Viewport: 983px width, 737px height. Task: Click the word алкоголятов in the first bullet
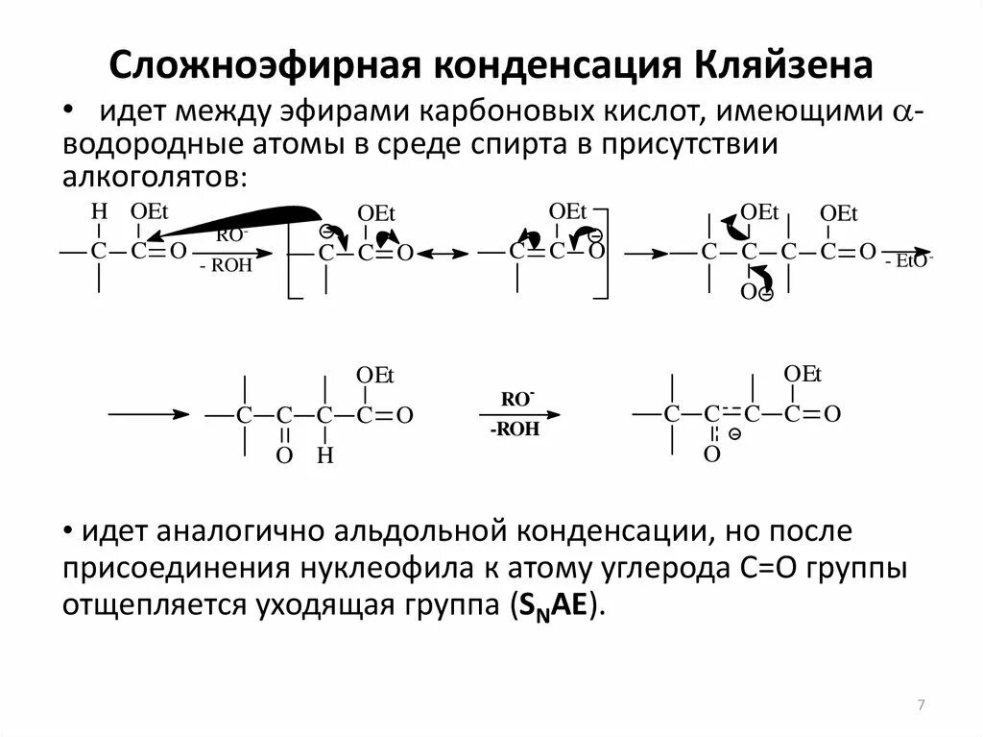(x=155, y=178)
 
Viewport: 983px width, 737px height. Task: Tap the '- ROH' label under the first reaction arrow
(x=226, y=266)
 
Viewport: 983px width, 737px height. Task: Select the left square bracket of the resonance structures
(x=290, y=252)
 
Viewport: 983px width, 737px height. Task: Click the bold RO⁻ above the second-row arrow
(x=518, y=399)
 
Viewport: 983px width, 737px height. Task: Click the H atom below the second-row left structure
(x=324, y=456)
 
